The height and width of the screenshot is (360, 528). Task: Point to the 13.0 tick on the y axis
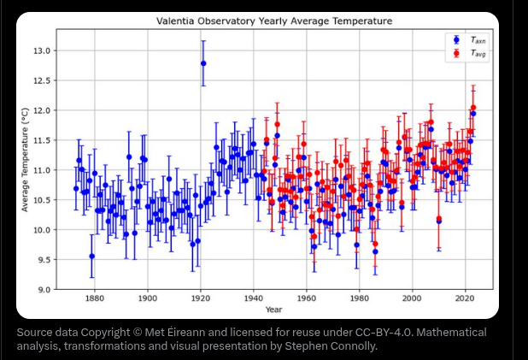[43, 50]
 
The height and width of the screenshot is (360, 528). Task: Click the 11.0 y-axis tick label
[43, 170]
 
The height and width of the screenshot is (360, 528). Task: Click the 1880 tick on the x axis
[95, 298]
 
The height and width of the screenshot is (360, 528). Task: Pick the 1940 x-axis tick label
[254, 298]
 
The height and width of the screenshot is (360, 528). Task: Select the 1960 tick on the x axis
[307, 298]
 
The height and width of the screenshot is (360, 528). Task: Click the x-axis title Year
[273, 309]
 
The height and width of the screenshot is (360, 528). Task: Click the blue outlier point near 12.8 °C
[203, 63]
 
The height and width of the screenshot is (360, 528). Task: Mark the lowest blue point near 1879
[92, 256]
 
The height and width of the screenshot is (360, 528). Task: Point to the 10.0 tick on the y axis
[43, 230]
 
